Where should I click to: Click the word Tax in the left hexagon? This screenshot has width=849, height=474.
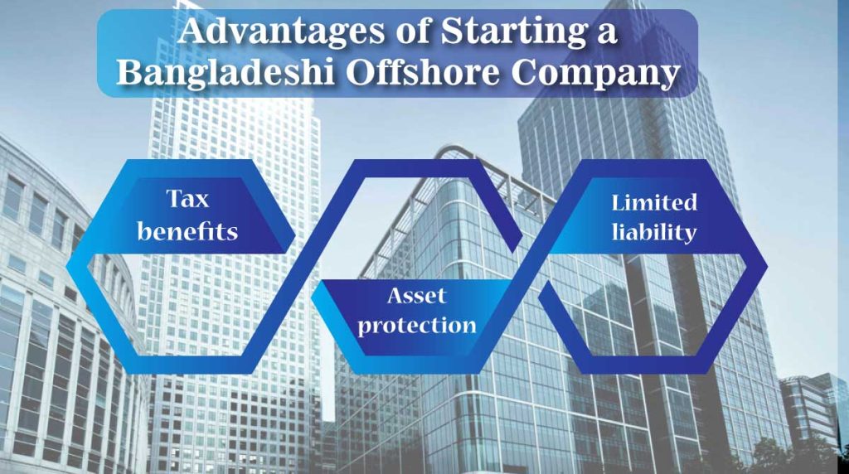pos(187,199)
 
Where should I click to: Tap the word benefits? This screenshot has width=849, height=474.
pos(187,231)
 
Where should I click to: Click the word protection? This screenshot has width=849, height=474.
pos(418,324)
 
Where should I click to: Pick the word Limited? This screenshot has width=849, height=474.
pos(654,201)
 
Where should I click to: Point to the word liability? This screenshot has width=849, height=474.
pos(654,233)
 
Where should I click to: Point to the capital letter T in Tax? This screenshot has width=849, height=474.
pos(173,199)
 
